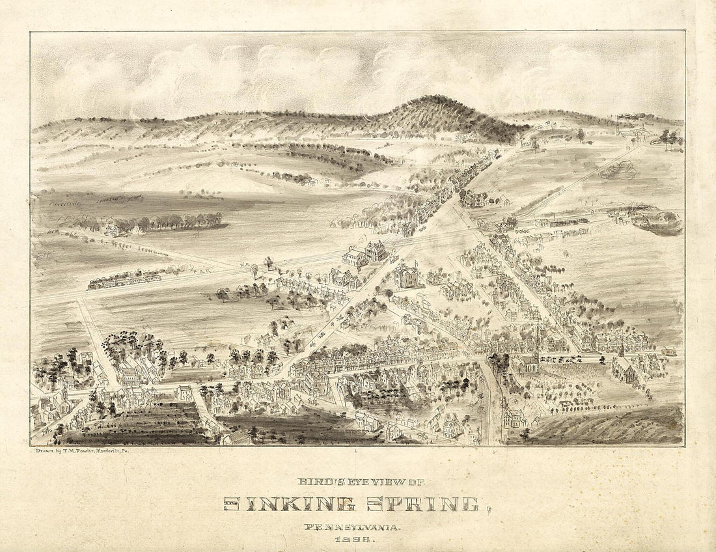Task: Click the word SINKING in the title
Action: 289,503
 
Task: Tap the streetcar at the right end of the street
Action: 668,352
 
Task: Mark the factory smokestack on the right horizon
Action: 618,122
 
